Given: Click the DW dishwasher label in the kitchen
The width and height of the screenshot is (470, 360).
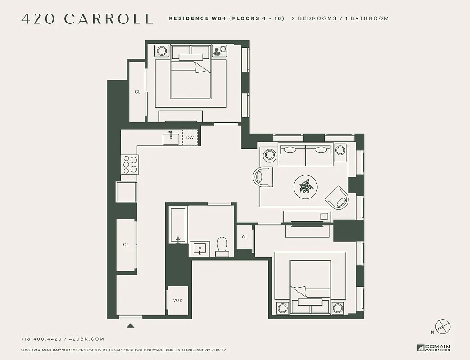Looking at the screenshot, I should click(190, 138).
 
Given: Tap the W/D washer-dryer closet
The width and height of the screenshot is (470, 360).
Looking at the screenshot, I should click(178, 300).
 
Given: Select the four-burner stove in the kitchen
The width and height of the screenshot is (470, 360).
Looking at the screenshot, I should click(130, 164).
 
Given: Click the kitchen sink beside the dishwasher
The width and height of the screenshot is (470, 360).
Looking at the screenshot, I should click(171, 138).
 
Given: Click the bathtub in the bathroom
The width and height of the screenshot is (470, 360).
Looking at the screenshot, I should click(178, 225).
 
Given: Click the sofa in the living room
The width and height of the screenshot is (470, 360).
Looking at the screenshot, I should click(306, 154).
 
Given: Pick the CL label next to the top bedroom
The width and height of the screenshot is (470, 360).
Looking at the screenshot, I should click(138, 92).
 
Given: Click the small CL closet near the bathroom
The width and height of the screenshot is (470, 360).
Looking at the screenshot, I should click(245, 237).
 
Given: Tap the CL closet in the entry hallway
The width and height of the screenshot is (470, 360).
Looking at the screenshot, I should click(126, 245).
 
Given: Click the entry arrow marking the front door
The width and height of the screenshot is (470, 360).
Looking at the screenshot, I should click(131, 325).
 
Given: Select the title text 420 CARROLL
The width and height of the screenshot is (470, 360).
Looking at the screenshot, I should click(87, 19).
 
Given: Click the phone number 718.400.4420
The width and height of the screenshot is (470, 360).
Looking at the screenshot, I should click(42, 339).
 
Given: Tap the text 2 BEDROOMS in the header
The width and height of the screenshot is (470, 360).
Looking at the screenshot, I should click(314, 19).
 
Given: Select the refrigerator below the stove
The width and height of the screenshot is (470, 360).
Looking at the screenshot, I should click(127, 192).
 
